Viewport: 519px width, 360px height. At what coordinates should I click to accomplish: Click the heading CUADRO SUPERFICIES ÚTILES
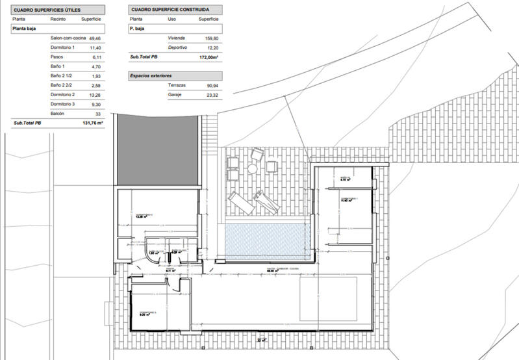tap(47, 10)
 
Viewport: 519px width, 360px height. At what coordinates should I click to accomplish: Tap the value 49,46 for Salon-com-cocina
tap(95, 38)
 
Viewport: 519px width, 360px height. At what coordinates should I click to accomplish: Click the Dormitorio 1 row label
tap(63, 47)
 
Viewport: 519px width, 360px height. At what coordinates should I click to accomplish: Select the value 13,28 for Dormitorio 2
tap(95, 95)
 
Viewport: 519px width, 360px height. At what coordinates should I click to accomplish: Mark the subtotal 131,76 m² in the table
tap(91, 123)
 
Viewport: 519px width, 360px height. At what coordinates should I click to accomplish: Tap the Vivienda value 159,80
tap(211, 38)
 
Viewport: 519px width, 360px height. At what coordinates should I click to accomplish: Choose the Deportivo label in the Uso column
tap(177, 47)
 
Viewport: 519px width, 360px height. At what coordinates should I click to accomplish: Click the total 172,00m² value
tap(208, 57)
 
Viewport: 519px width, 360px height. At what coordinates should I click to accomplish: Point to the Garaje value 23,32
tap(211, 95)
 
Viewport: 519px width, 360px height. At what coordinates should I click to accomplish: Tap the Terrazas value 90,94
tap(211, 86)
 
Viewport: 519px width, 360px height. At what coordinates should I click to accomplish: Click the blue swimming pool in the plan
tap(263, 238)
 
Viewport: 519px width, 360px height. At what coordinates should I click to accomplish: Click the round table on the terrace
tap(252, 169)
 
